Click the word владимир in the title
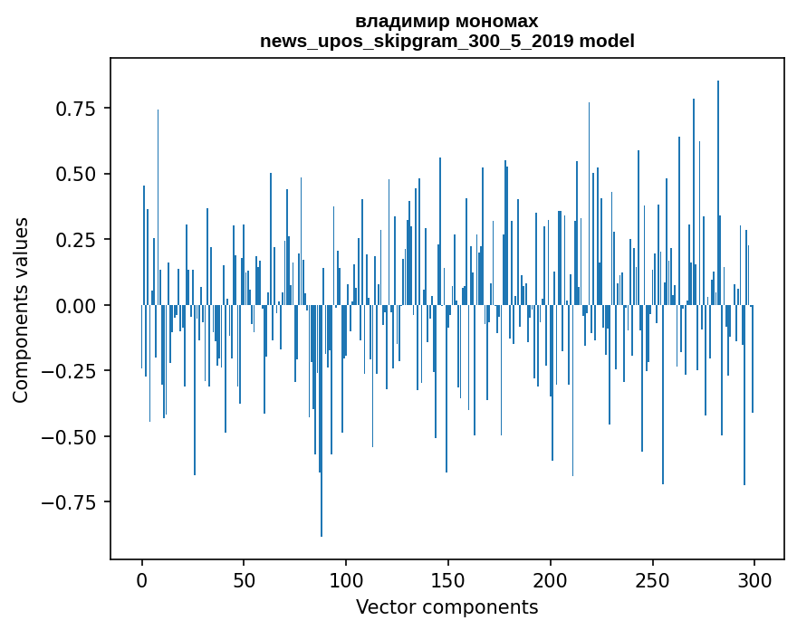tap(399, 21)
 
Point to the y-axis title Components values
tap(21, 310)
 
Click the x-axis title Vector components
tap(447, 607)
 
